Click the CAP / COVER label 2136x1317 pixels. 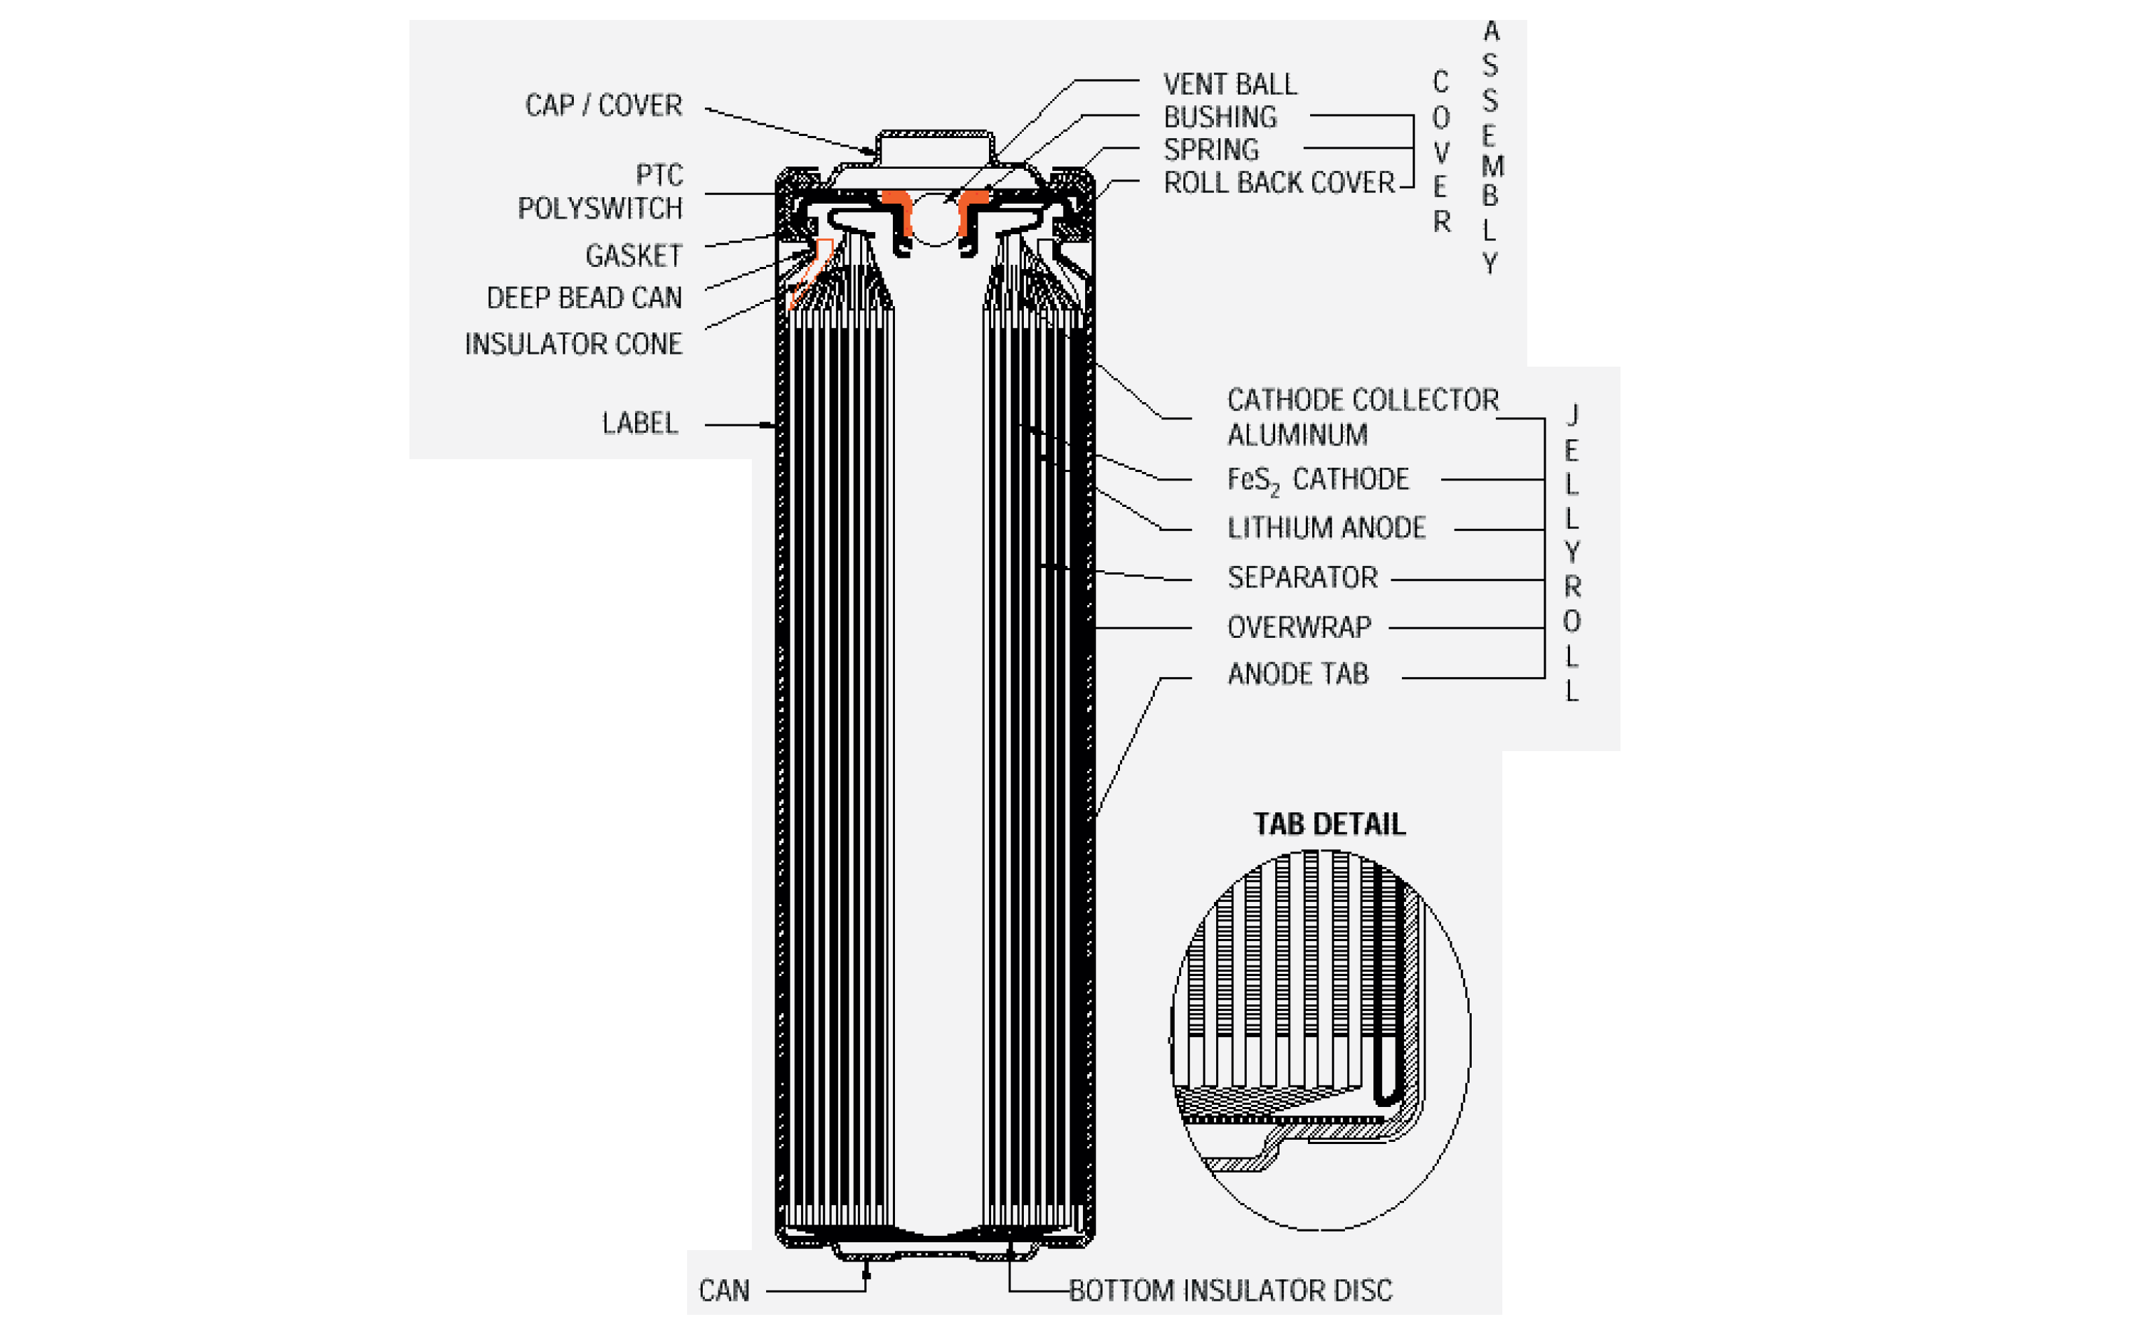[603, 105]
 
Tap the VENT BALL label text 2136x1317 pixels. [1229, 85]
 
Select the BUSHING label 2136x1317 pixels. [1220, 117]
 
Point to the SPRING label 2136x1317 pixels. [1211, 149]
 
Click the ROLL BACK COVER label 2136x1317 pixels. [1278, 183]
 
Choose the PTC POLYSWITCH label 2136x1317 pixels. [601, 191]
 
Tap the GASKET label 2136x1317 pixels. [633, 256]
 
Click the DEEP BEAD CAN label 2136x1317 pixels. [584, 298]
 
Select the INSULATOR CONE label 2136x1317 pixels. [573, 344]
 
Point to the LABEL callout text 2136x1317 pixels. [639, 424]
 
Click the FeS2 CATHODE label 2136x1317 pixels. [1316, 479]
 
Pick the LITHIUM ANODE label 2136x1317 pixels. [1325, 528]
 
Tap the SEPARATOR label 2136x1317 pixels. [1302, 577]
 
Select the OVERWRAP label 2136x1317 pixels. [1298, 627]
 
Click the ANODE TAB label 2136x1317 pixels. [1297, 674]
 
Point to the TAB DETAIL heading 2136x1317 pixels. [1329, 824]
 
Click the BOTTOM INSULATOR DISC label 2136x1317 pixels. [1230, 1290]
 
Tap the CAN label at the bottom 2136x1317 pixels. [723, 1290]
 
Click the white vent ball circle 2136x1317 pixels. [934, 219]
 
